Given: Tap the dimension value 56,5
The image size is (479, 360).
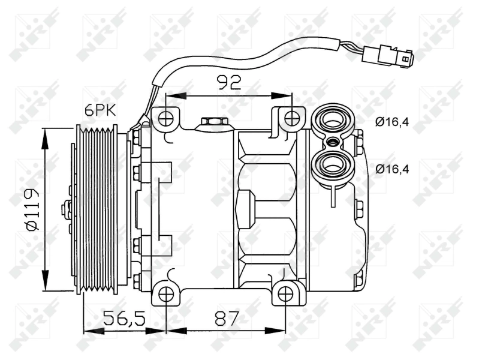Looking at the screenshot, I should (124, 318).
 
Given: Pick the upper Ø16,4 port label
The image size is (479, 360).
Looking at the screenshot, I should (392, 122).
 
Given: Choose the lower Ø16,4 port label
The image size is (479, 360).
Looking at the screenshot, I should (392, 169).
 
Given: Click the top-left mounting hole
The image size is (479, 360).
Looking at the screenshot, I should (167, 117).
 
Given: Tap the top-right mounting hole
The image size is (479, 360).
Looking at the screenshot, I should (292, 118).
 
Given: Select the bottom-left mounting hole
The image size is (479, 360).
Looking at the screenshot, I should (167, 294).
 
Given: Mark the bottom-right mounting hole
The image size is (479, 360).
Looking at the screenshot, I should (286, 294).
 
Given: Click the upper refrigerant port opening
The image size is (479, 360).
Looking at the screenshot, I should (332, 119).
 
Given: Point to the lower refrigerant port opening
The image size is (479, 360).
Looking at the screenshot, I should (332, 164).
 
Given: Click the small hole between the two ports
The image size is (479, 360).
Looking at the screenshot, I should (332, 142).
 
